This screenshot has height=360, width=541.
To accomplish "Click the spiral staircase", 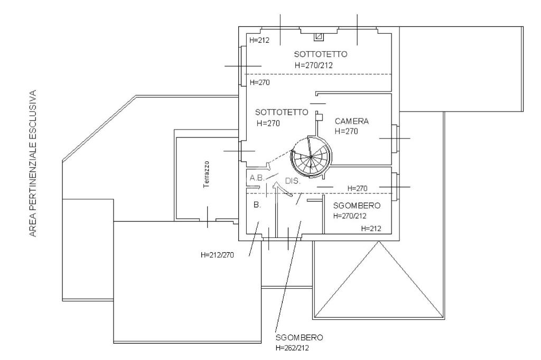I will (x=311, y=157).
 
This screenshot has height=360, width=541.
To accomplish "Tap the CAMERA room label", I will (x=352, y=121).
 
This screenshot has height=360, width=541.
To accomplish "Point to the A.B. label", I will (x=257, y=178).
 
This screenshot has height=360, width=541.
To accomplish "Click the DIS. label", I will (x=293, y=180).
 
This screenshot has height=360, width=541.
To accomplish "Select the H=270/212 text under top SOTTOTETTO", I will (x=313, y=65).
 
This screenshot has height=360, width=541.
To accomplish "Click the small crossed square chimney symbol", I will (x=319, y=36).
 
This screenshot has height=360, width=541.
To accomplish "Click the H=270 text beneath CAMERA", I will (x=347, y=131).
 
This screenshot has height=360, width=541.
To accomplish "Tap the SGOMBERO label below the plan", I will (x=299, y=337).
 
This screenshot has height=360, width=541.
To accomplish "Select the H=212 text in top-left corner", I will (x=259, y=40).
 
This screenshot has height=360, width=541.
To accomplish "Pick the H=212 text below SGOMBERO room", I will (x=371, y=228).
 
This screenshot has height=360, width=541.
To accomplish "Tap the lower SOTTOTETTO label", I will (x=281, y=112).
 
